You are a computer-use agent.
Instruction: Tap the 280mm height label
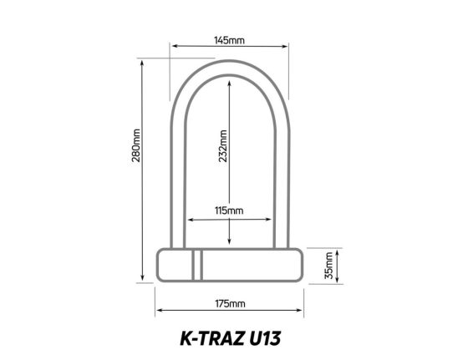[137, 147]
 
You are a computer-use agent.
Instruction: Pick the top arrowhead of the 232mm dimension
[231, 81]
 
